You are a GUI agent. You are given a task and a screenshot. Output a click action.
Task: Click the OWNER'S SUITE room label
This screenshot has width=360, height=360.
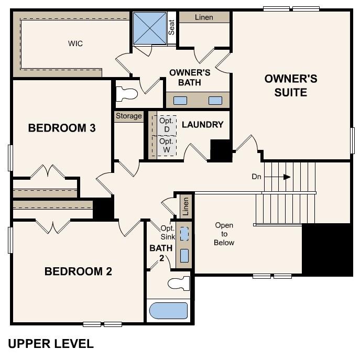(x=291, y=85)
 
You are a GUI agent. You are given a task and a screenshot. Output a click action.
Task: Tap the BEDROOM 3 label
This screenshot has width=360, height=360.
(x=62, y=128)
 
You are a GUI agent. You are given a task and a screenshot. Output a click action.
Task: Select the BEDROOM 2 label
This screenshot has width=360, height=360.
(x=78, y=271)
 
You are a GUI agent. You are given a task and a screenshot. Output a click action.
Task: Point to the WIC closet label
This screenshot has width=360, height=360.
(x=75, y=43)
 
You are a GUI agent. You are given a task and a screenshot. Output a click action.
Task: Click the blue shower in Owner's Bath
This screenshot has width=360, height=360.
(x=149, y=29)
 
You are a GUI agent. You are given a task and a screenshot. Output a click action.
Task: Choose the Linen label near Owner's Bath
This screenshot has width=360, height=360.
(x=204, y=17)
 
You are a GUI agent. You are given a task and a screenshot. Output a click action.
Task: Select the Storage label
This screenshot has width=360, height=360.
(x=129, y=116)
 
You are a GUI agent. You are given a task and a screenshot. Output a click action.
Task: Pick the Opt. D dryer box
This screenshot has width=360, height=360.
(x=167, y=124)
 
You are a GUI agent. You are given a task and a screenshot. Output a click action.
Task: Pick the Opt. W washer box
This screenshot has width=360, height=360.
(x=166, y=146)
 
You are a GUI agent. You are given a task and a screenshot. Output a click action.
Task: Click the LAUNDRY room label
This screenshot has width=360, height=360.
(x=202, y=125)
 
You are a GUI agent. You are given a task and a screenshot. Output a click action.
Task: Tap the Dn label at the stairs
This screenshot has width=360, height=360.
(x=256, y=177)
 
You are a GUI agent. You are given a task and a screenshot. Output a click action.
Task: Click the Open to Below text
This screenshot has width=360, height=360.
(x=224, y=234)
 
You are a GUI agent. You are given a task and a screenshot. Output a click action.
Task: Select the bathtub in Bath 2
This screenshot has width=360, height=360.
(x=168, y=311)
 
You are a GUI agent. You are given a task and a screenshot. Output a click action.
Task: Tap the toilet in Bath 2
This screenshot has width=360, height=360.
(x=178, y=283)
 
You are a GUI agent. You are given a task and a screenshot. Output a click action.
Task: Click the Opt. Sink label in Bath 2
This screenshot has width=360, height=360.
(x=168, y=232)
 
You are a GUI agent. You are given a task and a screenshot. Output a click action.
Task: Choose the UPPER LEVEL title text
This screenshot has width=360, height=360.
(x=51, y=344)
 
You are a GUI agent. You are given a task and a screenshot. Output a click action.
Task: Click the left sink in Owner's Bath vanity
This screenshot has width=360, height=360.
(x=180, y=101)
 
